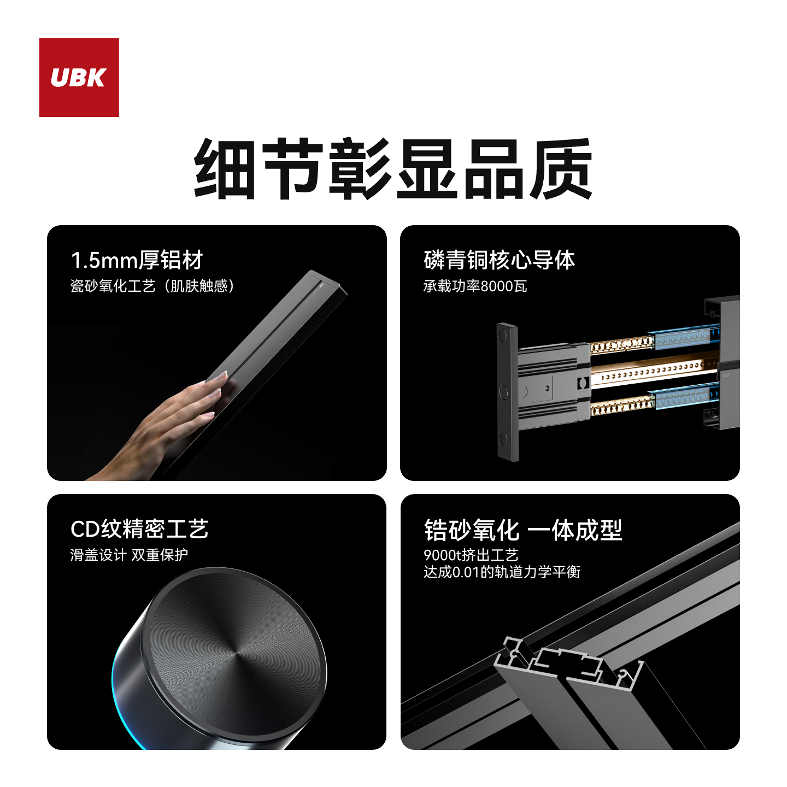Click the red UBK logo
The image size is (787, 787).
pos(79,77)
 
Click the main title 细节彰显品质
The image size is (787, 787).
pos(393,169)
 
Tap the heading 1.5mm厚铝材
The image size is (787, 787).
pos(137,260)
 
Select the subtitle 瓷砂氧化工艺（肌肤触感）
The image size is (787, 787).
pos(152,286)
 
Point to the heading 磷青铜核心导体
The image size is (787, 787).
pos(499,260)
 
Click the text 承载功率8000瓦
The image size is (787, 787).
pos(475,286)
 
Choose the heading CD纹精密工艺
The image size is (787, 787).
pos(139,529)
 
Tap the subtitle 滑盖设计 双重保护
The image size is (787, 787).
pos(129,555)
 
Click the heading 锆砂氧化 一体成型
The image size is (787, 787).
pos(523,530)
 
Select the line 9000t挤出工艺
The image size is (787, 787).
pos(471,555)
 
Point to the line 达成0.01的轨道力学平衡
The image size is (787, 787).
pos(502,572)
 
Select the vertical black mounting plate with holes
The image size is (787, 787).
pos(507,391)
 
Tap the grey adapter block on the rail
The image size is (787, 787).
pos(552,386)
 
